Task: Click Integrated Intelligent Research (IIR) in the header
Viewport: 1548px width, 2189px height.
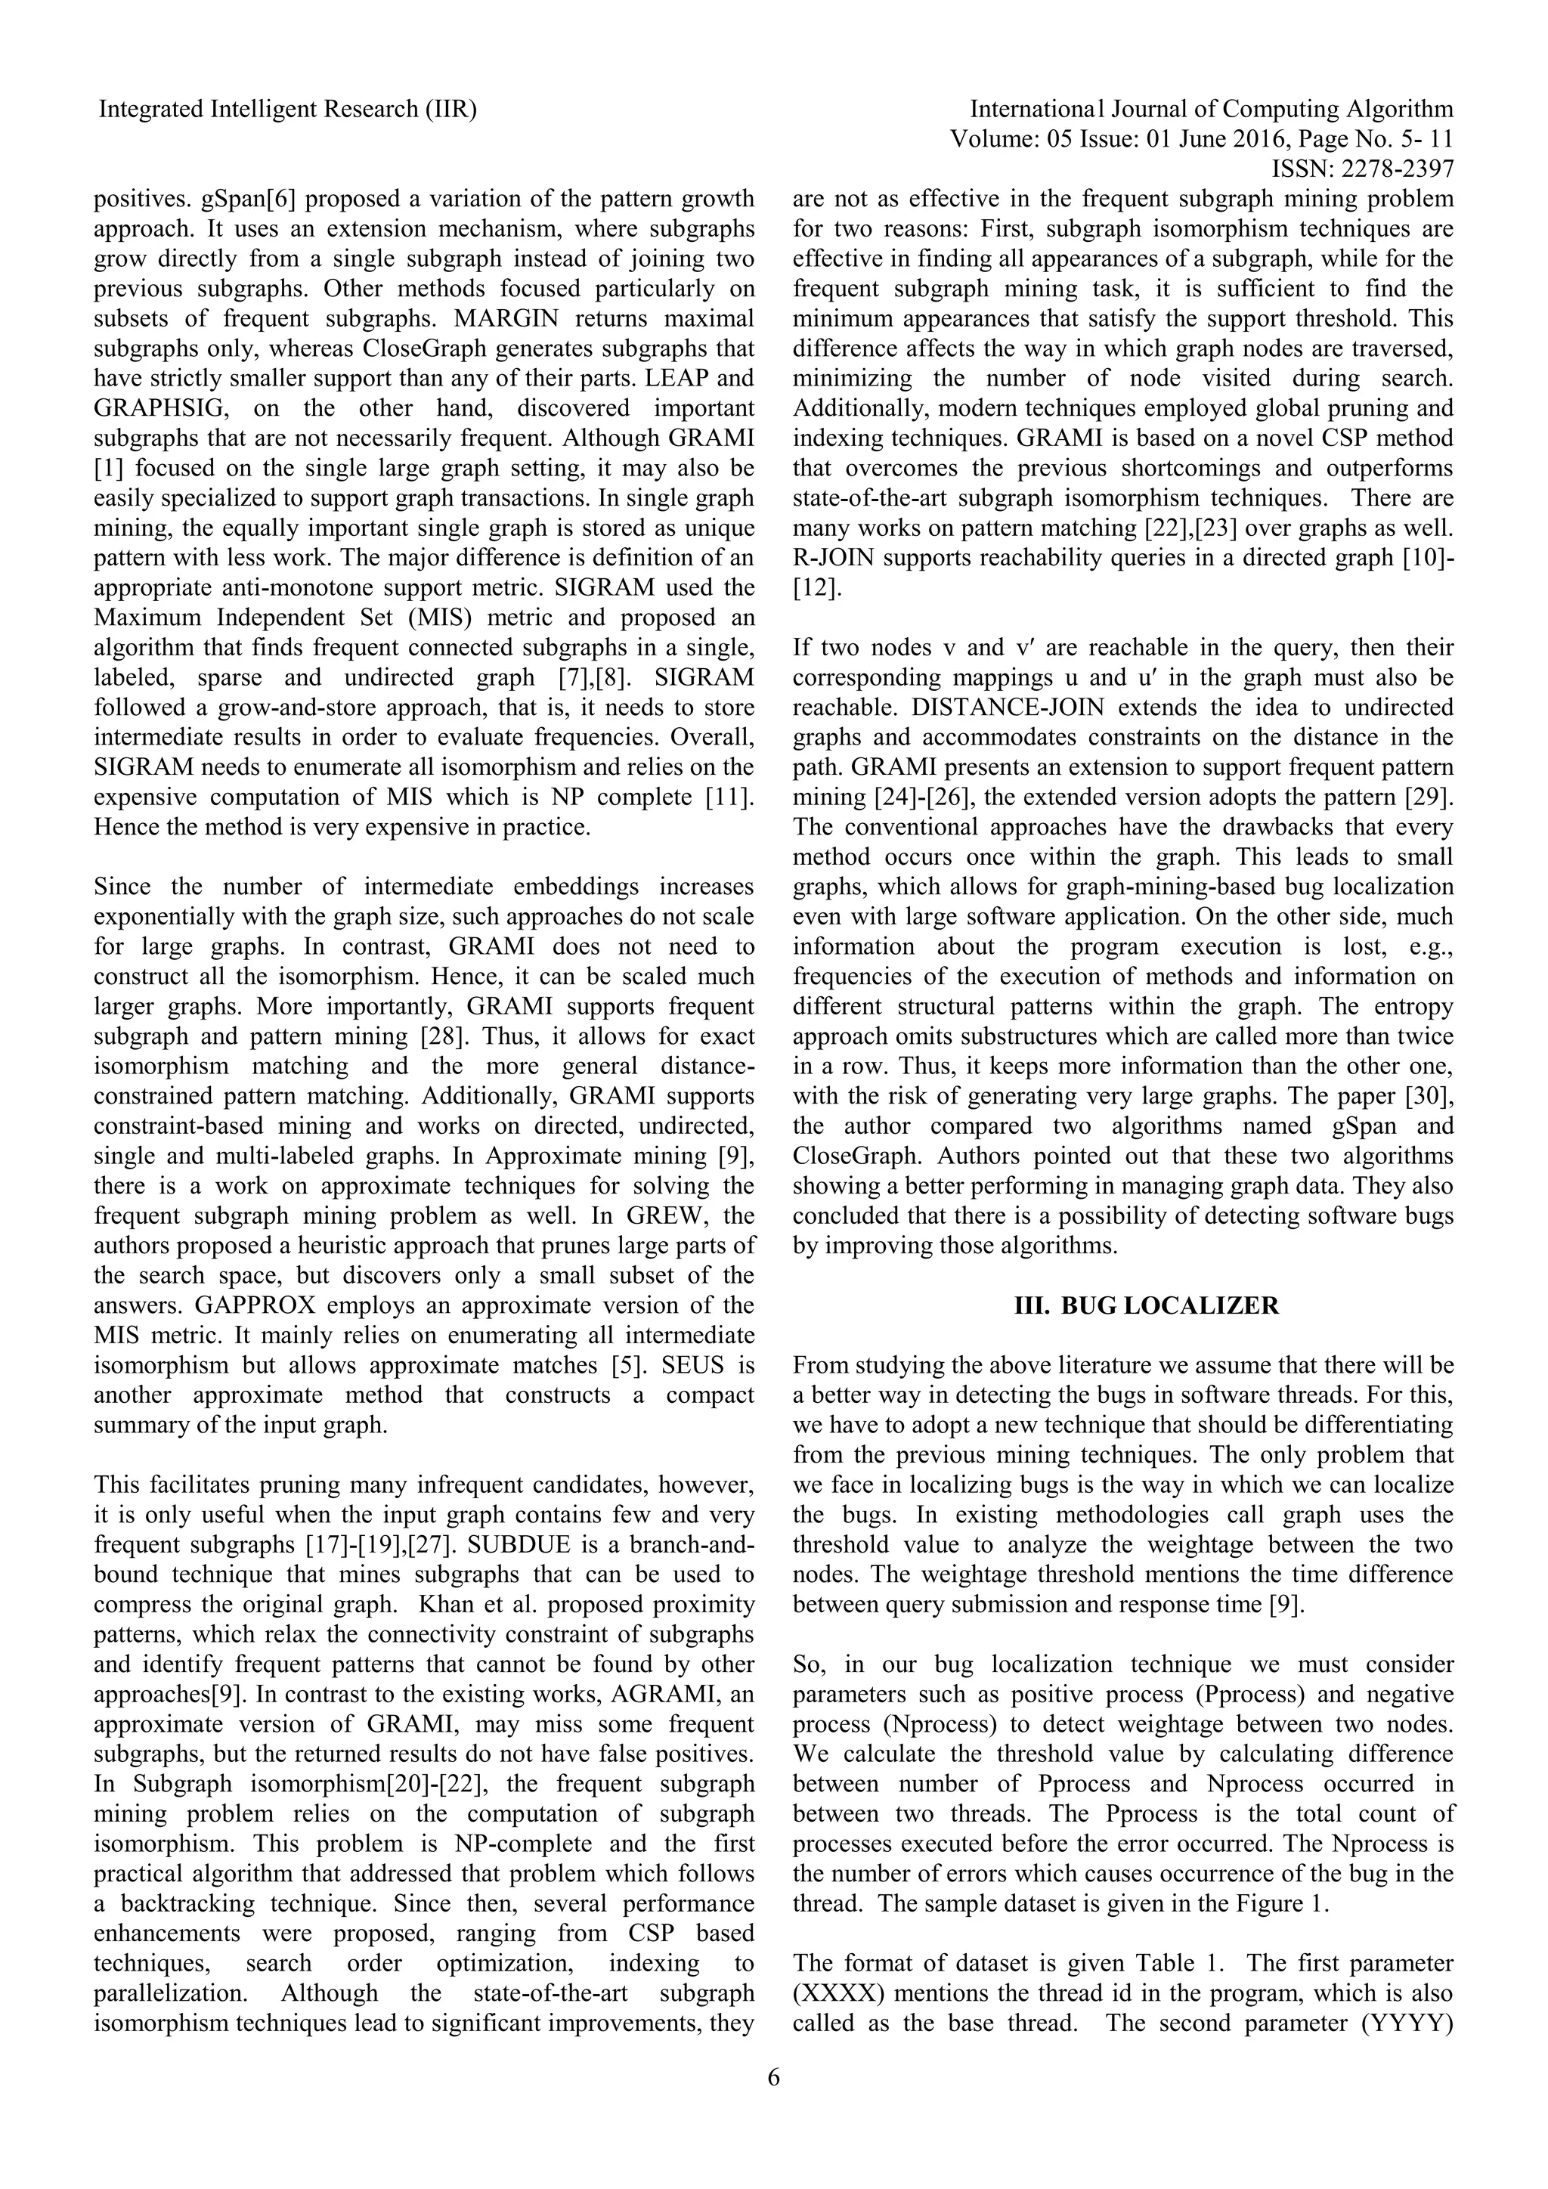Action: pos(288,110)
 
